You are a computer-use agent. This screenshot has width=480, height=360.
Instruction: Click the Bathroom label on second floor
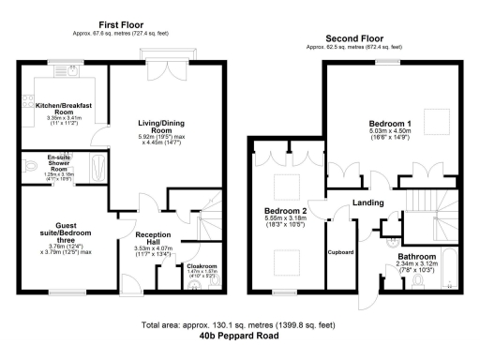coord(416,257)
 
